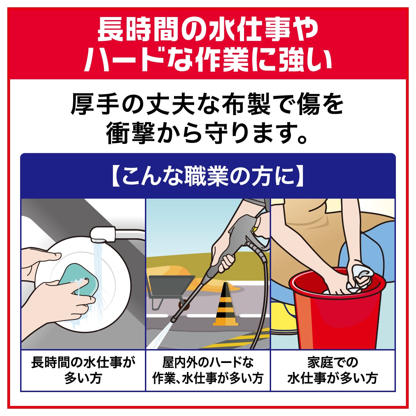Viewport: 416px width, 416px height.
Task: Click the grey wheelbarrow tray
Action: (x=171, y=285)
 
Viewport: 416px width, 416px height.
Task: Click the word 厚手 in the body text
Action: (x=95, y=104)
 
